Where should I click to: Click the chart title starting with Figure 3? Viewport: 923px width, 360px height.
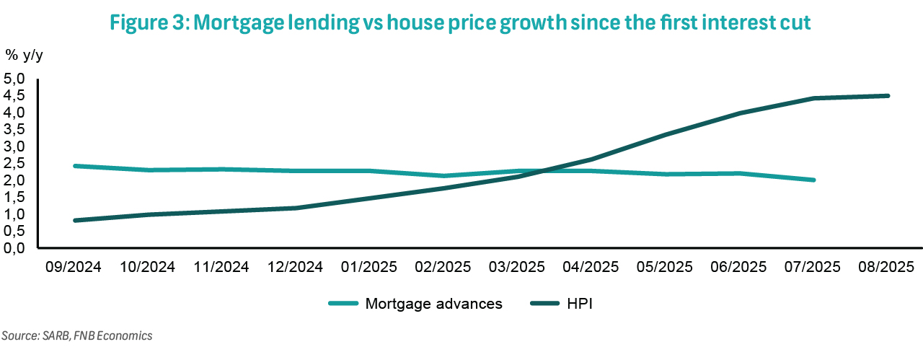click(461, 22)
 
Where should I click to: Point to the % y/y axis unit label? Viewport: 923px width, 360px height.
click(25, 55)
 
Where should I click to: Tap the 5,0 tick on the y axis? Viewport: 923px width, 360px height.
click(14, 78)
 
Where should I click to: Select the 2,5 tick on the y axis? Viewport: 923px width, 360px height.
click(14, 163)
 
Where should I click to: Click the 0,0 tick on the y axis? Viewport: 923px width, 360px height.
click(14, 247)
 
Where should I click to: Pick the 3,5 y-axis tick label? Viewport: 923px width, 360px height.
click(14, 129)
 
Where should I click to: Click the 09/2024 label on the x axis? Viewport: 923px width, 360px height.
click(74, 266)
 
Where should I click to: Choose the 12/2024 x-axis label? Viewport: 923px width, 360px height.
click(296, 266)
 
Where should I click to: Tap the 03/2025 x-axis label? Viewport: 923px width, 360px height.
click(517, 266)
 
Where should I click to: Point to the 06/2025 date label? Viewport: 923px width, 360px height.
click(739, 266)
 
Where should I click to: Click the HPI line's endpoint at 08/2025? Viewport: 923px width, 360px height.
click(887, 95)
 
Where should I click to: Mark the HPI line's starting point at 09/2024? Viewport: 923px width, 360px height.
click(74, 220)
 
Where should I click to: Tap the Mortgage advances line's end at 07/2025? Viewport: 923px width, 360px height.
click(813, 180)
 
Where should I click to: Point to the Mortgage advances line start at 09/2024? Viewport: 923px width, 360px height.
click(74, 166)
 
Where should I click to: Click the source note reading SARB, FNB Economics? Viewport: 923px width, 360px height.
click(77, 335)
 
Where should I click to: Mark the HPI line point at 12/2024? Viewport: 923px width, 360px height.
click(296, 208)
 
